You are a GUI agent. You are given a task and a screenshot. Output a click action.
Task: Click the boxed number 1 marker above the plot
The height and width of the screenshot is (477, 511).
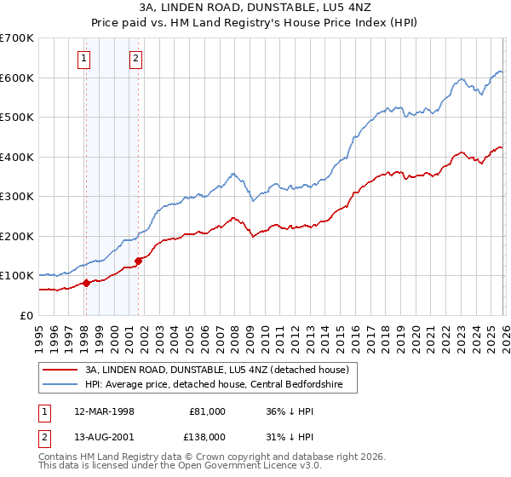pyautogui.click(x=85, y=59)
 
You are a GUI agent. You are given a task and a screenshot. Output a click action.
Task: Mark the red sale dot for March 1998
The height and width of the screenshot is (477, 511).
pyautogui.click(x=86, y=283)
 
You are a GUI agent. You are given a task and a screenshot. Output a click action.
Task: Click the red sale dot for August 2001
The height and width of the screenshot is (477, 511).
pyautogui.click(x=138, y=261)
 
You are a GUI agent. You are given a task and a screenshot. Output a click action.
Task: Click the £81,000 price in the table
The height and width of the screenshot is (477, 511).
pyautogui.click(x=206, y=411)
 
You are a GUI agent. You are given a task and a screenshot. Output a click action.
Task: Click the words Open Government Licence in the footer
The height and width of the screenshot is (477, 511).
pyautogui.click(x=255, y=468)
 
